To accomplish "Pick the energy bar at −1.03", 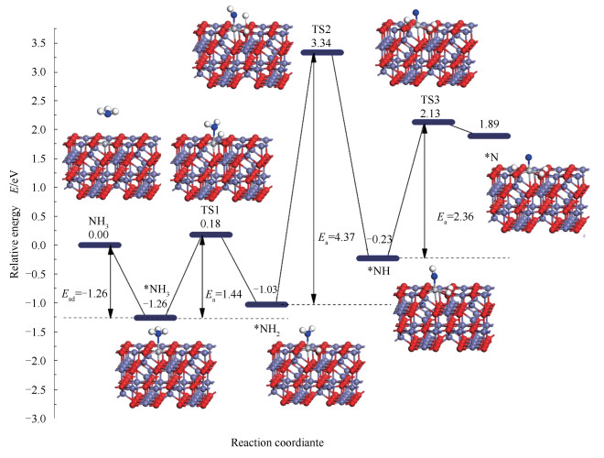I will tap(267, 304).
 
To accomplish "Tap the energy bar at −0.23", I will tap(377, 258).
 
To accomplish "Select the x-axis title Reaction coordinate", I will tap(303, 444).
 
